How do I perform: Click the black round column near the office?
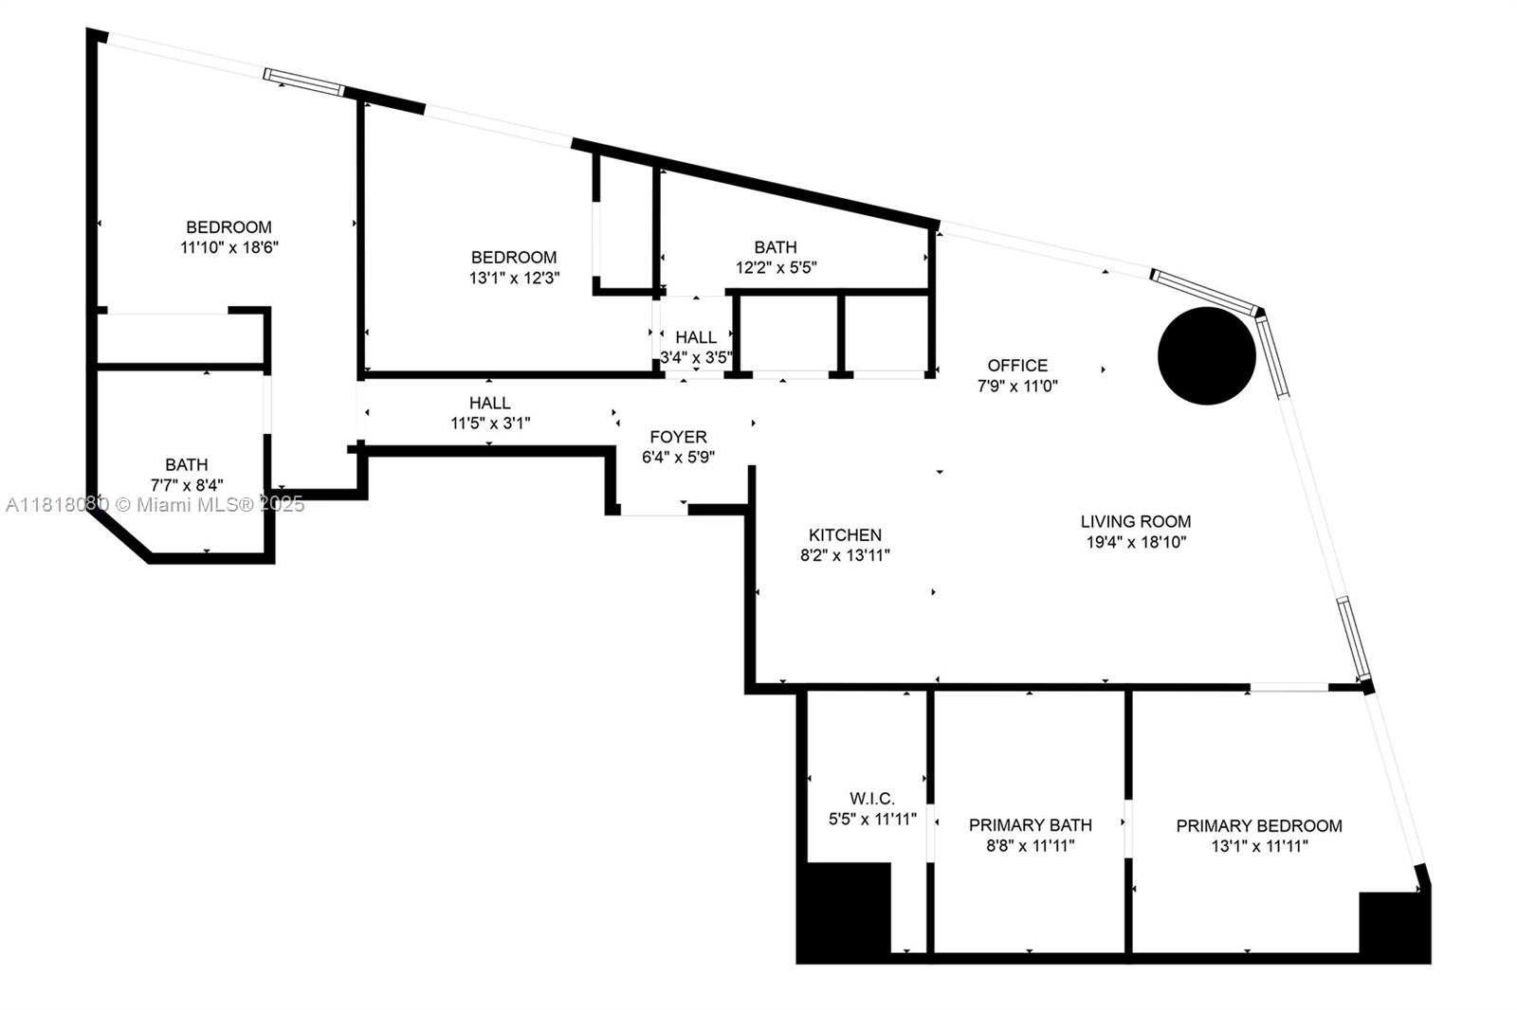pyautogui.click(x=1207, y=356)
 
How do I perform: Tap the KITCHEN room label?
pyautogui.click(x=845, y=534)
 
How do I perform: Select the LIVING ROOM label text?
pyautogui.click(x=1136, y=521)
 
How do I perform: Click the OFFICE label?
pyautogui.click(x=1017, y=366)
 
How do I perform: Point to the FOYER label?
pyautogui.click(x=679, y=437)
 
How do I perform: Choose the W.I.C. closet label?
pyautogui.click(x=872, y=798)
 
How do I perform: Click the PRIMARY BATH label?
pyautogui.click(x=1030, y=825)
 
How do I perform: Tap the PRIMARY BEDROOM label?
pyautogui.click(x=1259, y=826)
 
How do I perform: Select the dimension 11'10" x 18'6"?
pyautogui.click(x=228, y=247)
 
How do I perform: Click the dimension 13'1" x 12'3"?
pyautogui.click(x=514, y=278)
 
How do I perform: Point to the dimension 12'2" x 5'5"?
pyautogui.click(x=777, y=267)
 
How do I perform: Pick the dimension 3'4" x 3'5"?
pyautogui.click(x=696, y=357)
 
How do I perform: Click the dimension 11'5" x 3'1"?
pyautogui.click(x=490, y=424)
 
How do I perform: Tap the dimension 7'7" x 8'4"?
pyautogui.click(x=186, y=485)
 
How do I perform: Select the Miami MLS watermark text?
pyautogui.click(x=155, y=504)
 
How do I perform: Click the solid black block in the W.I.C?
pyautogui.click(x=844, y=911)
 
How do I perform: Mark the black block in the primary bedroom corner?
pyautogui.click(x=1395, y=926)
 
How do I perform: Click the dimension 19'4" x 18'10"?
pyautogui.click(x=1137, y=542)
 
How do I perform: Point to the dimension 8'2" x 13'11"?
pyautogui.click(x=845, y=555)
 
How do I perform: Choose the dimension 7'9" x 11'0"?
pyautogui.click(x=1017, y=386)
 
